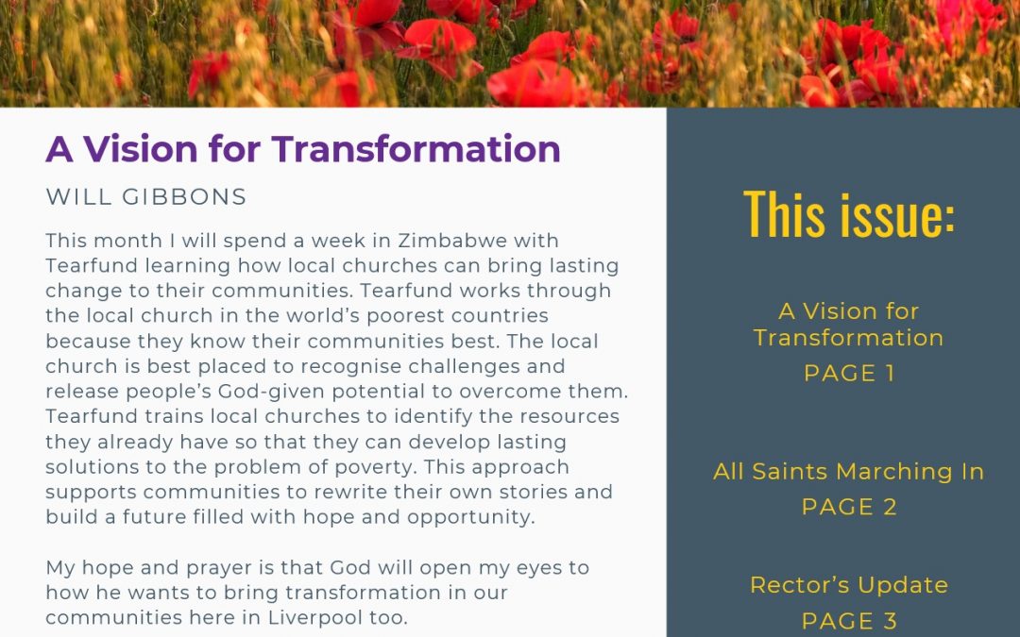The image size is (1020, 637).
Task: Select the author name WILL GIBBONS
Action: click(146, 196)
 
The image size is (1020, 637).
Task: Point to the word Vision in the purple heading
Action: click(143, 149)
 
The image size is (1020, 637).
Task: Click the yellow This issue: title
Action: click(849, 213)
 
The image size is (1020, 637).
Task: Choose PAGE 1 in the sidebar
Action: click(849, 373)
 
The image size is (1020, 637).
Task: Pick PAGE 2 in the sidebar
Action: click(849, 507)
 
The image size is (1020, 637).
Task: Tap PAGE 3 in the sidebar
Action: click(849, 620)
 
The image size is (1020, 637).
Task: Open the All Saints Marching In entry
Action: click(849, 471)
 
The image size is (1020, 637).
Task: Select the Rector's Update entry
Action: click(849, 585)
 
